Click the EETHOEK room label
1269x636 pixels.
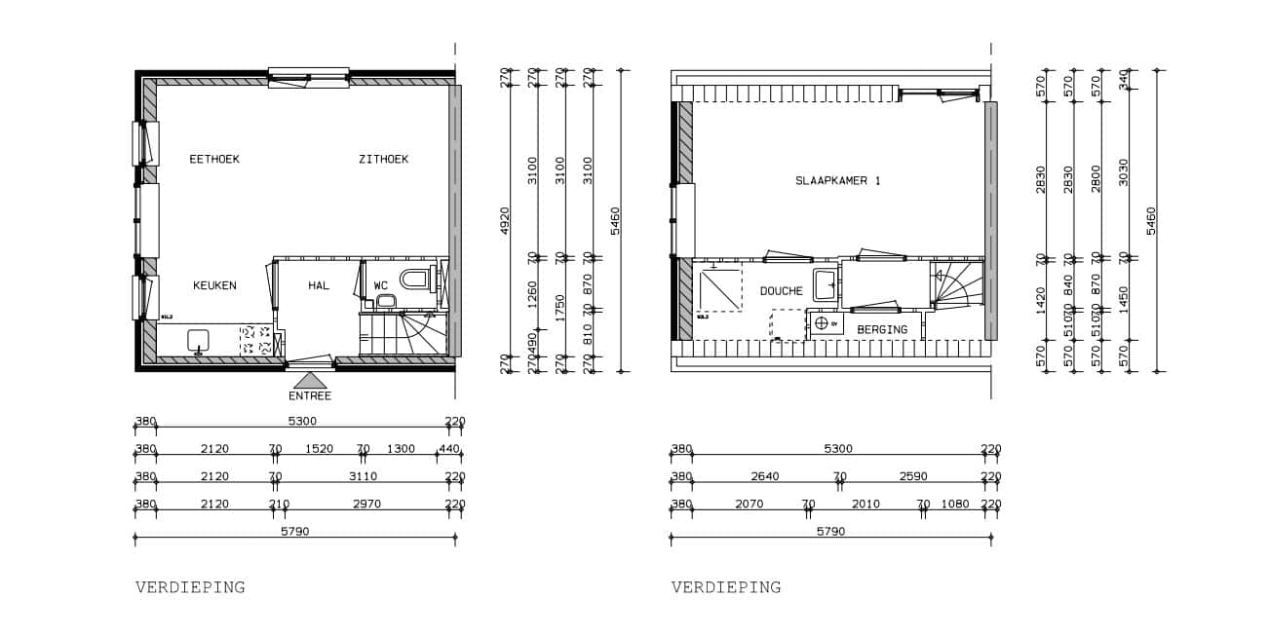(x=214, y=159)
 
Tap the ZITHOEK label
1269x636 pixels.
(x=383, y=159)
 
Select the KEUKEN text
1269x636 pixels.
(x=214, y=285)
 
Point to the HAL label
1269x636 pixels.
(x=319, y=285)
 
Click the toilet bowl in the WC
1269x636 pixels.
(x=415, y=280)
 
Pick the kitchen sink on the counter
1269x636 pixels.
(x=199, y=341)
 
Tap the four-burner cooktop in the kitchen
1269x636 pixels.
(x=255, y=340)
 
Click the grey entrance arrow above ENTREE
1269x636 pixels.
(x=310, y=380)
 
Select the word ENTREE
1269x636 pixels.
(x=310, y=395)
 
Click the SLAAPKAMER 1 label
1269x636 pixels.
(x=838, y=181)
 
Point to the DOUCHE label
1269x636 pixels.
(x=782, y=291)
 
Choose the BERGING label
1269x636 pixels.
(x=882, y=329)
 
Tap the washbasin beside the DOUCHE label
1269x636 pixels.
(x=826, y=285)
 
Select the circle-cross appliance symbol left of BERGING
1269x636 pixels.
(x=822, y=323)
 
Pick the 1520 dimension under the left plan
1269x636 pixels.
(x=319, y=449)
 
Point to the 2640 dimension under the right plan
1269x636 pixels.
(x=764, y=476)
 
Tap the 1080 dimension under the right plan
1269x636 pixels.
(x=956, y=504)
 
